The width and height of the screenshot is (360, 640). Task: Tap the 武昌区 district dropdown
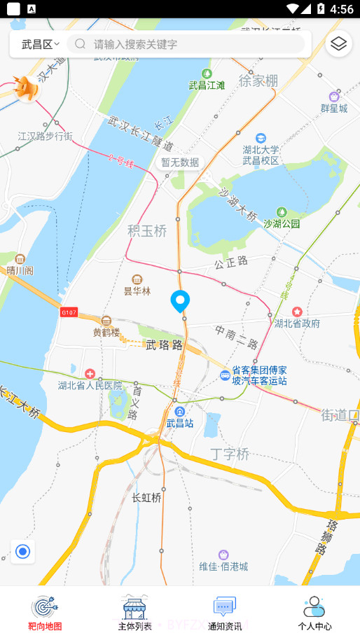[40, 44]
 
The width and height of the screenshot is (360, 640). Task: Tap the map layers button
[339, 44]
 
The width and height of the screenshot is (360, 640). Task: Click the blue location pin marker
[181, 301]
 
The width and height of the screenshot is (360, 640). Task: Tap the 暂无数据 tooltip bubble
[180, 162]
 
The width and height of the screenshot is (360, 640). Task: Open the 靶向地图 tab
[45, 613]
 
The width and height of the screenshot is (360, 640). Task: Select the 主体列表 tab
[134, 613]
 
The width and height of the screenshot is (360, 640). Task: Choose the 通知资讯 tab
[225, 613]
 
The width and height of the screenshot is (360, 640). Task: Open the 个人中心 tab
[314, 613]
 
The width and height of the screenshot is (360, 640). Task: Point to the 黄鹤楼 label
[106, 332]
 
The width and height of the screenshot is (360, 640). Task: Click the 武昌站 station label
[180, 422]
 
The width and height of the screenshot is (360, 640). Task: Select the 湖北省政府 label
[297, 323]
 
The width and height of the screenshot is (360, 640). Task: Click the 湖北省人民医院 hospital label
[90, 384]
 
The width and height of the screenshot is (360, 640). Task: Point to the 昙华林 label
[137, 291]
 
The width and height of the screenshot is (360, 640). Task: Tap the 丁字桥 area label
[230, 454]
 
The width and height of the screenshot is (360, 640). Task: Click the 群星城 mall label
[334, 108]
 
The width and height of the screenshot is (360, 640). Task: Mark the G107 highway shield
[69, 312]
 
